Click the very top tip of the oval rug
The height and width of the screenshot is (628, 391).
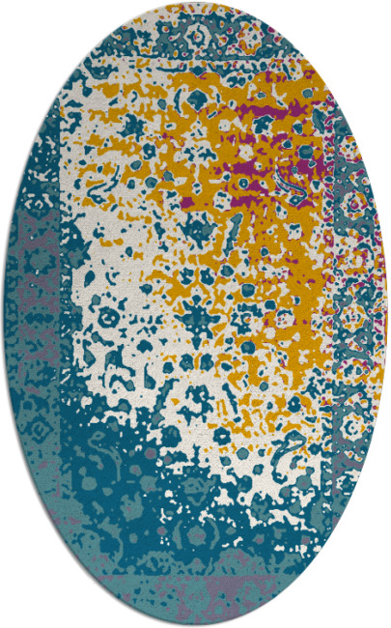point(196,2)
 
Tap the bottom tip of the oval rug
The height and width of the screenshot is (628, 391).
point(196,625)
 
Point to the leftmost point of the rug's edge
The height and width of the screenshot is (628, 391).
point(2,314)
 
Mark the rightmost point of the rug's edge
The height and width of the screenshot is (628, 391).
point(388,314)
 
